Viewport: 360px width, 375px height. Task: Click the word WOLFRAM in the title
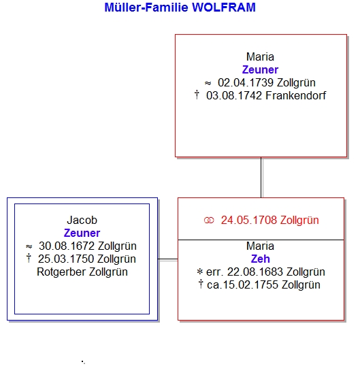point(224,7)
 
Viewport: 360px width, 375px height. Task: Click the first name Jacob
point(82,221)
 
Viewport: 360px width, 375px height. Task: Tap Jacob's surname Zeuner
point(82,233)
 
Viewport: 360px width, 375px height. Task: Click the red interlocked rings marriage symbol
point(209,221)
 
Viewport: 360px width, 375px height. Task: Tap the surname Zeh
point(261,259)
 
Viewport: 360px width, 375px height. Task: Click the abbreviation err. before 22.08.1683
point(215,272)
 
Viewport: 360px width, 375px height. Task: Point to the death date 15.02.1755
point(250,285)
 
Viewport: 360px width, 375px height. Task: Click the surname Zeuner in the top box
point(260,70)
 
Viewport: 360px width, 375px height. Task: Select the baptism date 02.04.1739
point(246,83)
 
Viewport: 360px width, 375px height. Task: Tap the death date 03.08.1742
point(234,96)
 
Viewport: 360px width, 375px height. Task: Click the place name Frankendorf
point(296,96)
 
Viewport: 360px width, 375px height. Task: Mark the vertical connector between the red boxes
point(261,178)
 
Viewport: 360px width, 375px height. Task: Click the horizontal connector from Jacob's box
point(167,259)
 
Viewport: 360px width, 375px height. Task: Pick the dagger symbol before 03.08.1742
point(197,95)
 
